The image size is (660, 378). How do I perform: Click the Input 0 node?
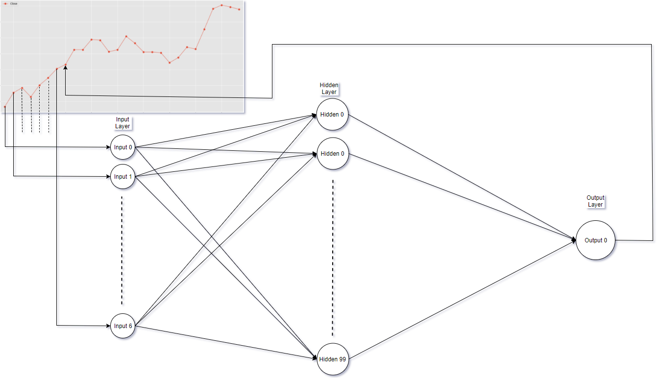[122, 147]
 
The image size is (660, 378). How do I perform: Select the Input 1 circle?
[122, 177]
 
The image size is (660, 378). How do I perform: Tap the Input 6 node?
[122, 326]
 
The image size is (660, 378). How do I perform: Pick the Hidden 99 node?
[332, 359]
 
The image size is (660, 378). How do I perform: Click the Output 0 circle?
[595, 240]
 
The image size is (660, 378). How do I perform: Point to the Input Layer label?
[122, 123]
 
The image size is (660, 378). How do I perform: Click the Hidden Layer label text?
[329, 89]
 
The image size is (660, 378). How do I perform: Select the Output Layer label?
[595, 201]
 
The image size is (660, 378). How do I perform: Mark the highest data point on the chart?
[221, 5]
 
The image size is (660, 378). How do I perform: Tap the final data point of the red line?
[239, 9]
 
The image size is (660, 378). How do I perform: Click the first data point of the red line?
[5, 106]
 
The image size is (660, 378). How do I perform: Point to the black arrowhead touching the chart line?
[65, 68]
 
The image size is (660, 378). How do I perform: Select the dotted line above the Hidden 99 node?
[335, 260]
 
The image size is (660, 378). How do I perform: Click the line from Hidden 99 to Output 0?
[461, 301]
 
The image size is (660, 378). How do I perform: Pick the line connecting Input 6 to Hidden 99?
[225, 343]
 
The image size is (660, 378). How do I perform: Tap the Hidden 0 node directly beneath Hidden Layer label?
[332, 115]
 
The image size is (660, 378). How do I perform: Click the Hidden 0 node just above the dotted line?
[332, 154]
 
